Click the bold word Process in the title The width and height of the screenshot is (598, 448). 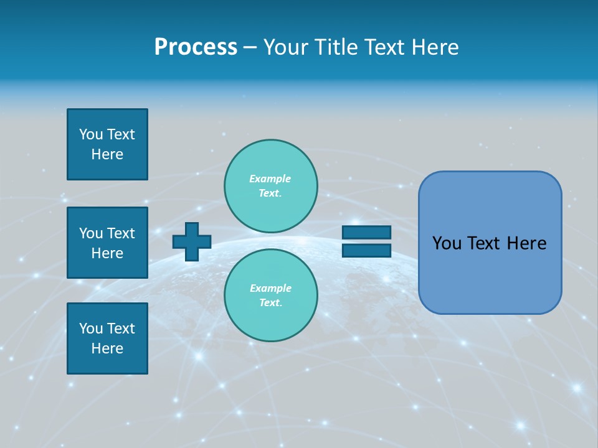(x=196, y=47)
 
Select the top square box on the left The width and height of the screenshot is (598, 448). (x=107, y=144)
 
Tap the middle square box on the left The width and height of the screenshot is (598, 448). (x=107, y=243)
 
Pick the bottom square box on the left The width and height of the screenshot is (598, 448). (x=107, y=338)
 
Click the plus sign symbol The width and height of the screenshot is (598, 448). (x=192, y=241)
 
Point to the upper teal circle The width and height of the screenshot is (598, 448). (x=271, y=186)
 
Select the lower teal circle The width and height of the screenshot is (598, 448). (x=271, y=296)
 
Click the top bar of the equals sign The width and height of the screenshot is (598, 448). (x=366, y=233)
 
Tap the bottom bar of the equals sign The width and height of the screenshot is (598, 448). (x=366, y=251)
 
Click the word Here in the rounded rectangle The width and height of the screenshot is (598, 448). (x=526, y=243)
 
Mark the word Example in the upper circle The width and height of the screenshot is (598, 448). (x=270, y=179)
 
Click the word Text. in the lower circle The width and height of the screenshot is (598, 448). (x=270, y=303)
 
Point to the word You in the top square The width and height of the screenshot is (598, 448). (x=91, y=135)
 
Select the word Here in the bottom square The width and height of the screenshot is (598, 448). (x=107, y=348)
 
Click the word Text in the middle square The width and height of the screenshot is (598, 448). (x=121, y=233)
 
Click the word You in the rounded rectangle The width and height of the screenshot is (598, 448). (x=446, y=243)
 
